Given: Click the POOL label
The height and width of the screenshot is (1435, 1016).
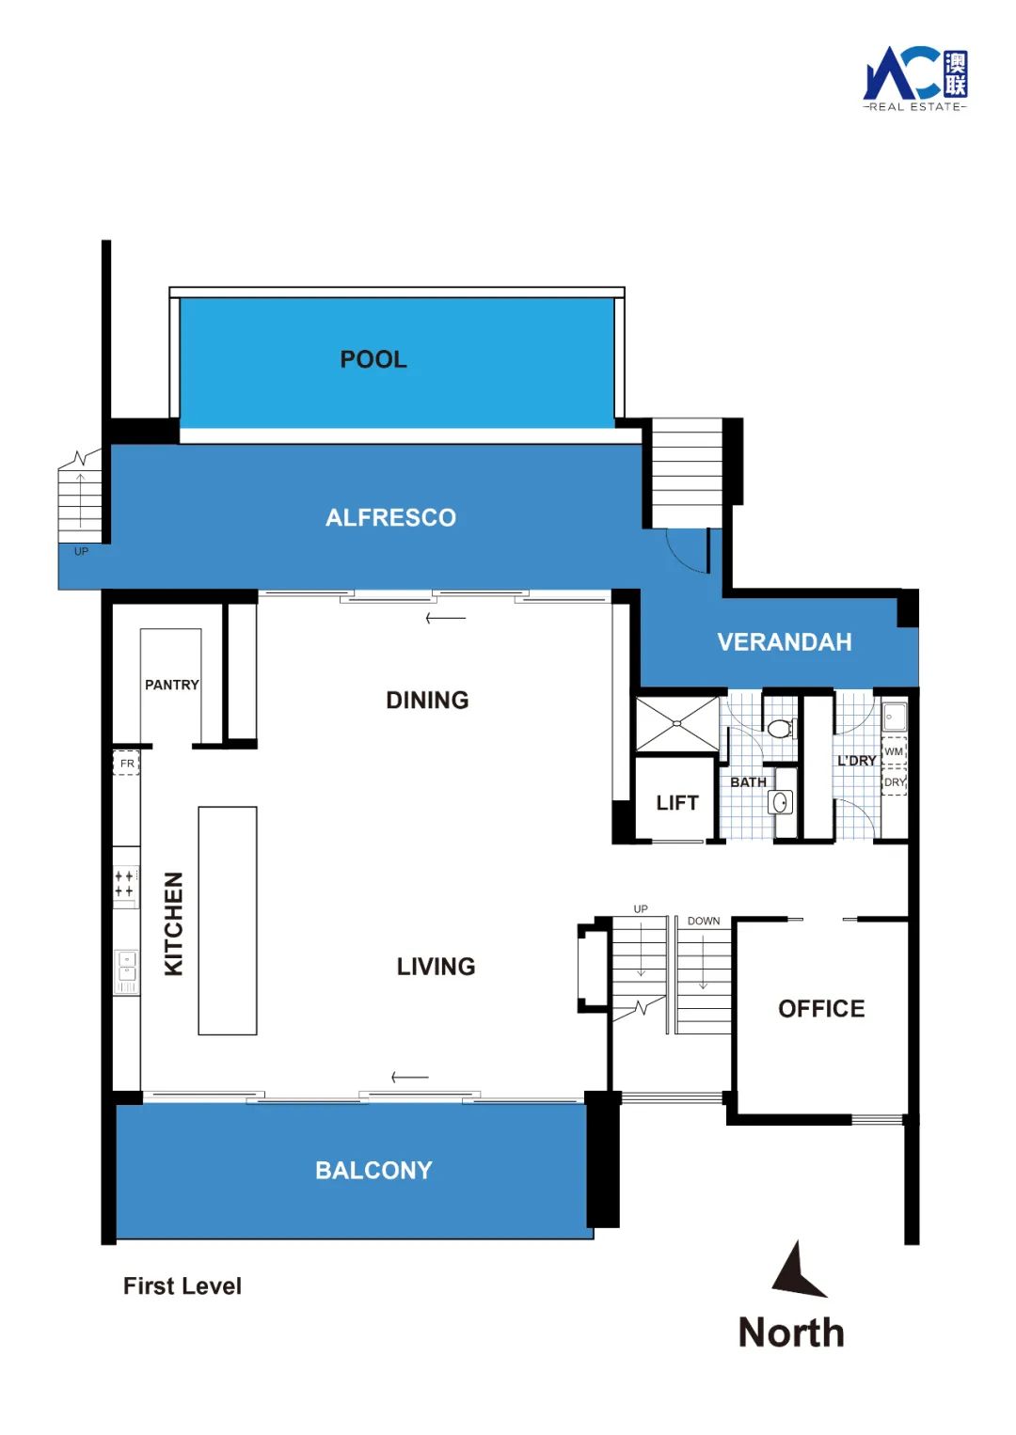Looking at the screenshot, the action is (x=373, y=359).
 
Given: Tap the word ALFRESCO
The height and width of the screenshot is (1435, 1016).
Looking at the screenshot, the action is (x=391, y=517).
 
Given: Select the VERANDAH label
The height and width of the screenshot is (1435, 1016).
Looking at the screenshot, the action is (x=785, y=642).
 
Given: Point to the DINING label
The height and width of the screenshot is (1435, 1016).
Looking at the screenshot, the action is (x=427, y=701).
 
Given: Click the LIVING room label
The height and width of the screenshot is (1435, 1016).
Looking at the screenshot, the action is (x=436, y=967).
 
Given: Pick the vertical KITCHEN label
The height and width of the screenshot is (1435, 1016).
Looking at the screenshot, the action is (x=174, y=923).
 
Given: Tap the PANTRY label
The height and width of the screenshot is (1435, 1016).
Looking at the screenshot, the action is (x=172, y=685).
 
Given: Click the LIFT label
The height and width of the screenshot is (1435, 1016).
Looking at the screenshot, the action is (x=677, y=803).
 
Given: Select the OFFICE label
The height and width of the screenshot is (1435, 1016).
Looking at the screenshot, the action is (x=821, y=1009).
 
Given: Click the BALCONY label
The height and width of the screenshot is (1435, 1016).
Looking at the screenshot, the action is (x=373, y=1171).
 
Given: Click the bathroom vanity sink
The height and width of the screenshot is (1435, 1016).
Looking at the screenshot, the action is (x=780, y=801).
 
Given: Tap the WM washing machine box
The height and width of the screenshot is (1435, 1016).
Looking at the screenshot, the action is (x=895, y=751).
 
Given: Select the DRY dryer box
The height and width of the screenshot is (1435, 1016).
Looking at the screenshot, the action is (x=895, y=782).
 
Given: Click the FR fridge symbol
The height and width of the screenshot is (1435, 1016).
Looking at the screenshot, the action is (x=126, y=764).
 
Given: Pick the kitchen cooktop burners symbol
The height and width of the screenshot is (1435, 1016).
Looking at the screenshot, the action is (x=126, y=883).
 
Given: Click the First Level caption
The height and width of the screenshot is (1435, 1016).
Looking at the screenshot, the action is (x=183, y=1286).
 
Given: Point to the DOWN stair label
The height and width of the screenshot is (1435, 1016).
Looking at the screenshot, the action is (x=703, y=922).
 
